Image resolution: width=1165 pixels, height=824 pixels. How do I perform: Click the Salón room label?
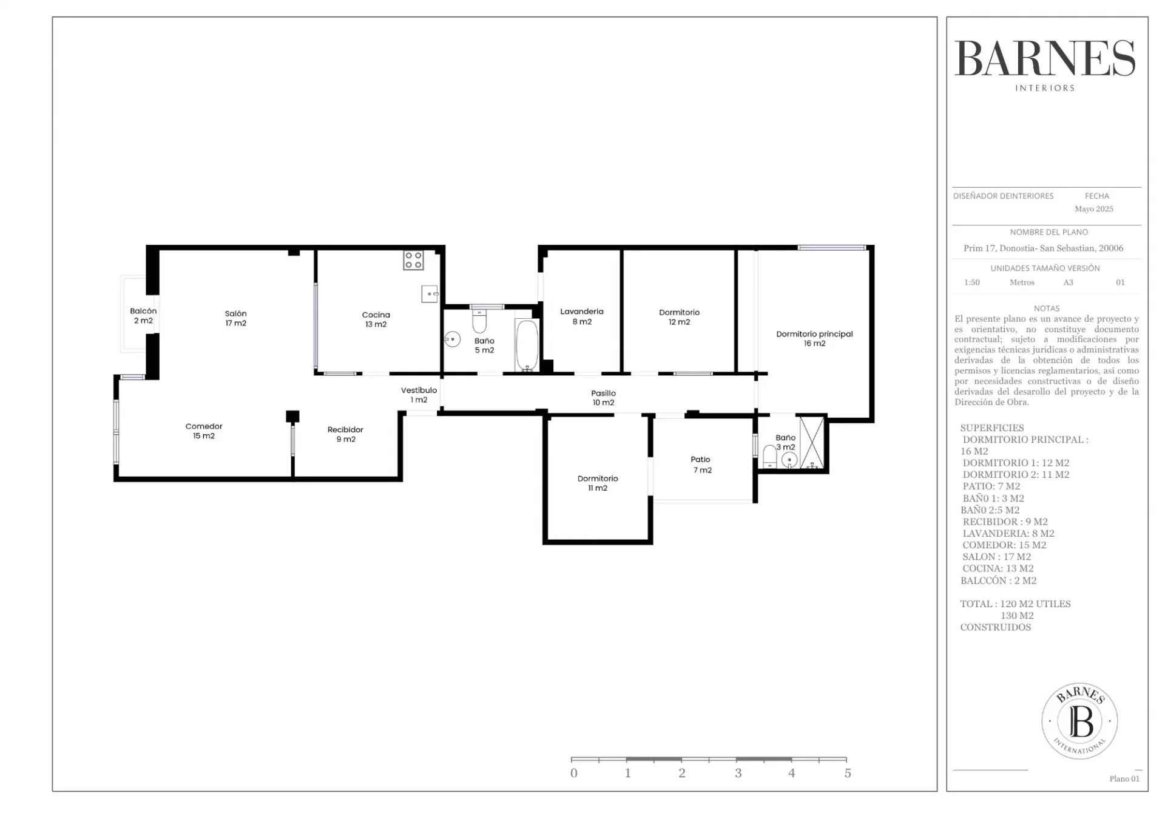point(235,318)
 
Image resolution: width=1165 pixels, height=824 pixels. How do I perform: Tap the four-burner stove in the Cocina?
point(413,260)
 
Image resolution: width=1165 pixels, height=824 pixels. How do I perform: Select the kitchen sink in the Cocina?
point(430,294)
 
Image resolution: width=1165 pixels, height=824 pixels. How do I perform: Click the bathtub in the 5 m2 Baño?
point(527,345)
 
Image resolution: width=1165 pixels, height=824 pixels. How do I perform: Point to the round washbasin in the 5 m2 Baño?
point(453,339)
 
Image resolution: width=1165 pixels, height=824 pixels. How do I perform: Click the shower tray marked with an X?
point(812,443)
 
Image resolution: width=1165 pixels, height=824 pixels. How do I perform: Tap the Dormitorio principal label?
point(814,338)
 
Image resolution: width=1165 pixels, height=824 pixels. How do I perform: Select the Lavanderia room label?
point(582,316)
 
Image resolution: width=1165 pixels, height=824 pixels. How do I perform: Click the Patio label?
point(701,465)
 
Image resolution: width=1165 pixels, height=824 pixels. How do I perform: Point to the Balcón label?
point(143,315)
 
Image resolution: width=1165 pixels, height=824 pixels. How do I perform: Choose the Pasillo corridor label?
point(603,398)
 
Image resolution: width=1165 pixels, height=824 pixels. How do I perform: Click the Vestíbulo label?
point(419,395)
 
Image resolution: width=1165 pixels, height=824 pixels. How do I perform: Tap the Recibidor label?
point(345,434)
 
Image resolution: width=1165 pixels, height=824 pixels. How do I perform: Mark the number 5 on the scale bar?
point(848,773)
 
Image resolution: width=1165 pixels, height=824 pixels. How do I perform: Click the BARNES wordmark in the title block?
point(1045,59)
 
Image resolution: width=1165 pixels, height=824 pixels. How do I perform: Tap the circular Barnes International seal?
point(1079,721)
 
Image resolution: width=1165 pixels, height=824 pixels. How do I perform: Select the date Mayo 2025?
point(1094,209)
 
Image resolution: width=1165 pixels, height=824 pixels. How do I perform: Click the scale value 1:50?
point(972,282)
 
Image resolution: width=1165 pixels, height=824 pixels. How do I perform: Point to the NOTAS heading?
point(1047,308)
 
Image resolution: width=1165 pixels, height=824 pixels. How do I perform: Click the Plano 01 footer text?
point(1124,779)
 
